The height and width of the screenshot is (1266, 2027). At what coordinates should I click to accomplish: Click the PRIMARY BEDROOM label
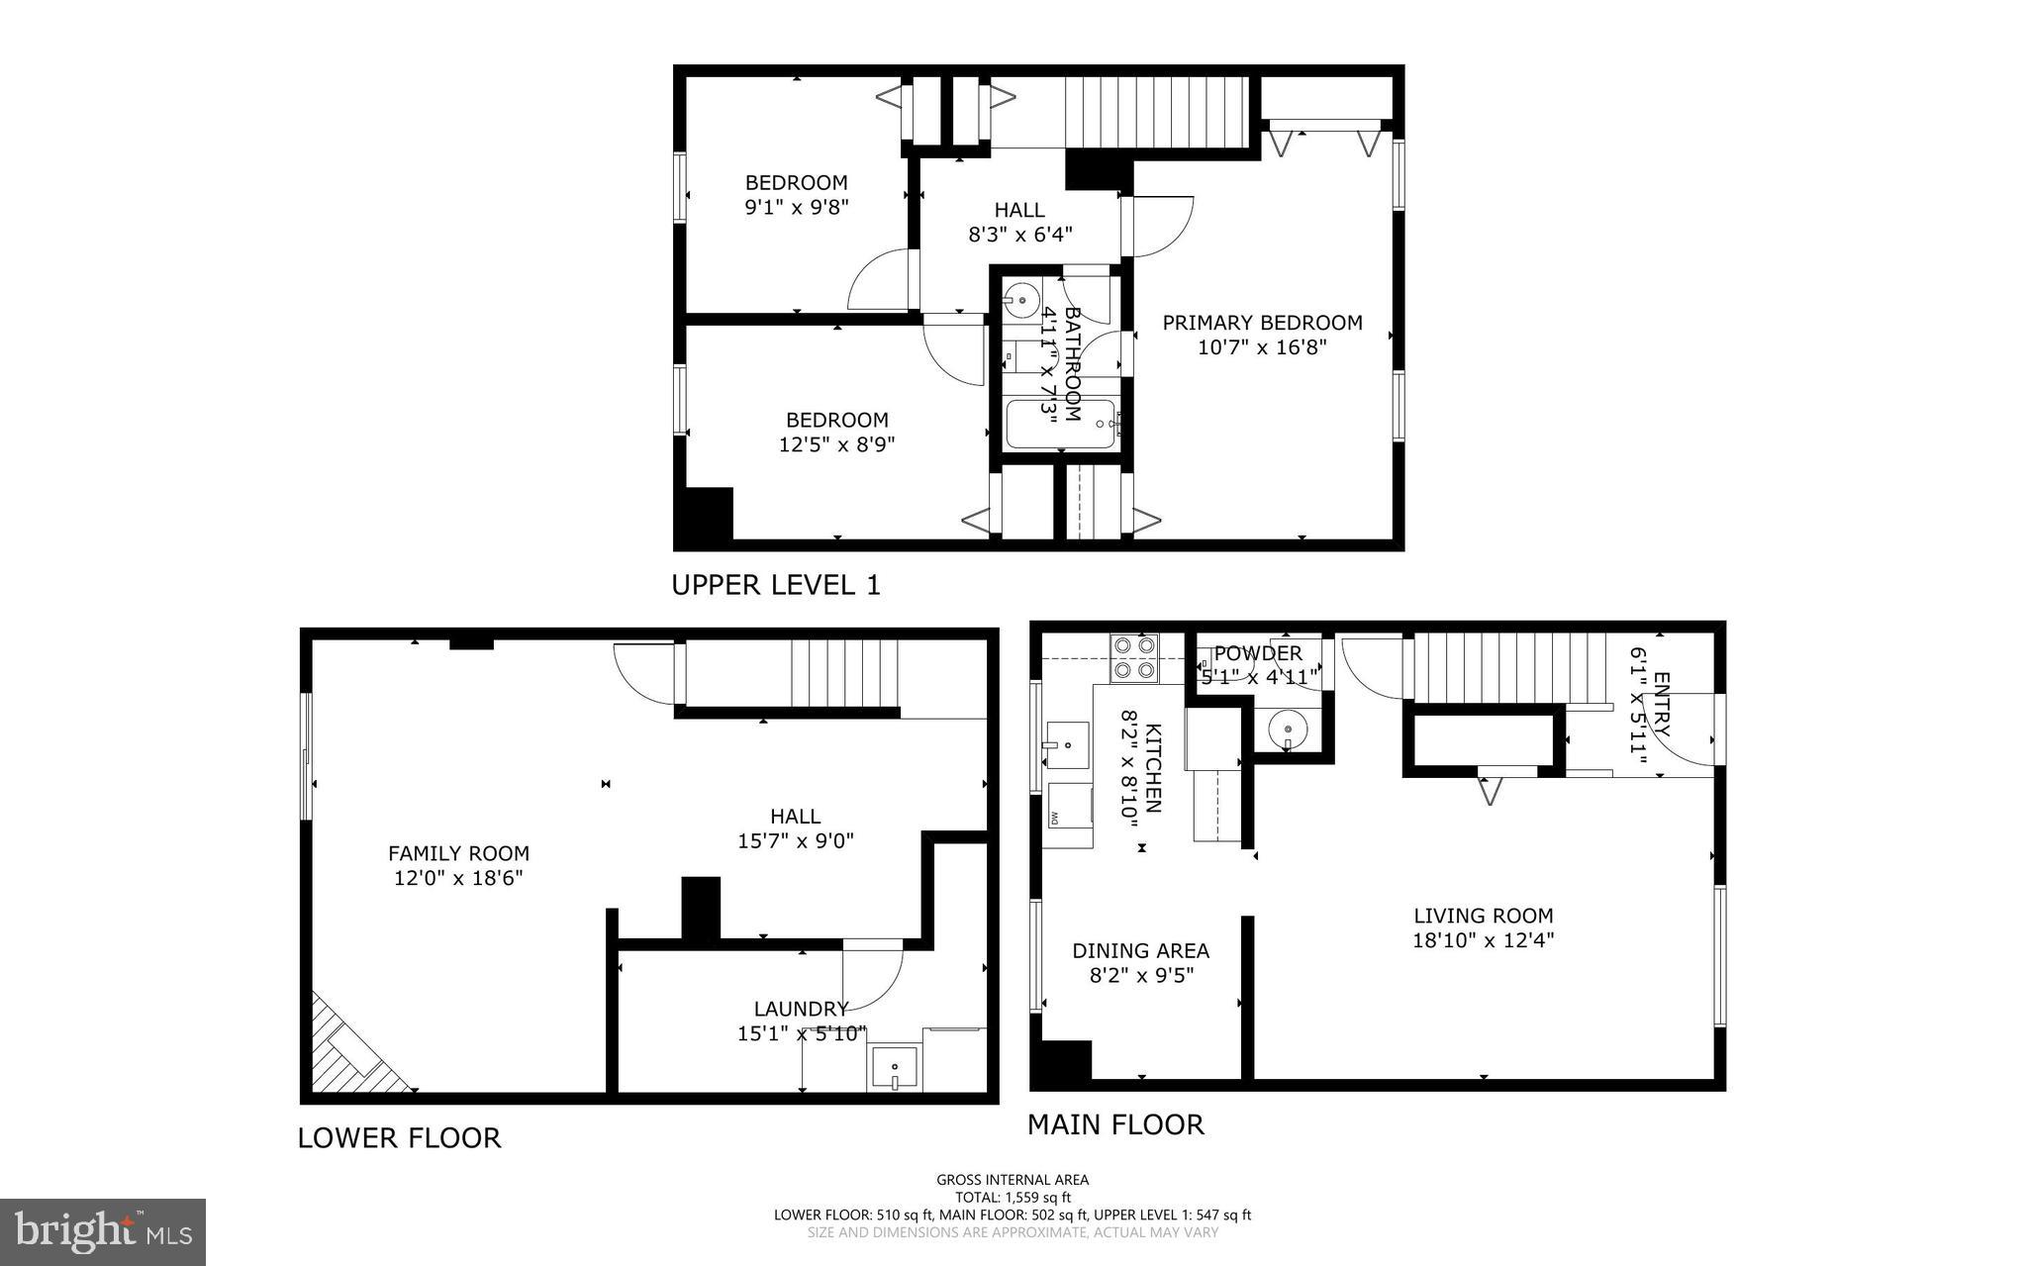point(1262,323)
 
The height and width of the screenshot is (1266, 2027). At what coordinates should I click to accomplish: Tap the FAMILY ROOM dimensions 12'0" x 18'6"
point(457,878)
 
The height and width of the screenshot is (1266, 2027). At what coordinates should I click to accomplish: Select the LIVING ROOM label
point(1483,916)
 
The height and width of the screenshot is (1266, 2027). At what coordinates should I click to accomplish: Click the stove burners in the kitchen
point(1134,657)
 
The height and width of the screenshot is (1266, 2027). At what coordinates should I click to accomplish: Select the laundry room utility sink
point(895,1070)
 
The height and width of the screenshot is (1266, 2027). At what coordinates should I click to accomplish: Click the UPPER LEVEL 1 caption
point(775,585)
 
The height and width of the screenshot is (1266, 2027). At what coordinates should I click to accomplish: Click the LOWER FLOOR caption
point(399,1138)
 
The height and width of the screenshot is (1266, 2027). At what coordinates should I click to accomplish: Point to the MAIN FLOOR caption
point(1114,1124)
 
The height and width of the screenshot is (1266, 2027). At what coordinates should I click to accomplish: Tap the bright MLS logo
point(103,1231)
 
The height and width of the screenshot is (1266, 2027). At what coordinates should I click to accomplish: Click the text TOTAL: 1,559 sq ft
point(1013,1197)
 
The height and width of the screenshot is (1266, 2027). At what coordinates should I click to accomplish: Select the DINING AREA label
point(1140,951)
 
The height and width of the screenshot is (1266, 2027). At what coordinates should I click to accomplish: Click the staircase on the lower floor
point(842,673)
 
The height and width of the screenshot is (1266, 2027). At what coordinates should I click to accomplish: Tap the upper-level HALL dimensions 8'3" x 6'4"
point(1019,236)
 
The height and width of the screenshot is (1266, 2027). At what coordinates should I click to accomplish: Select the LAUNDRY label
point(801,1009)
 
